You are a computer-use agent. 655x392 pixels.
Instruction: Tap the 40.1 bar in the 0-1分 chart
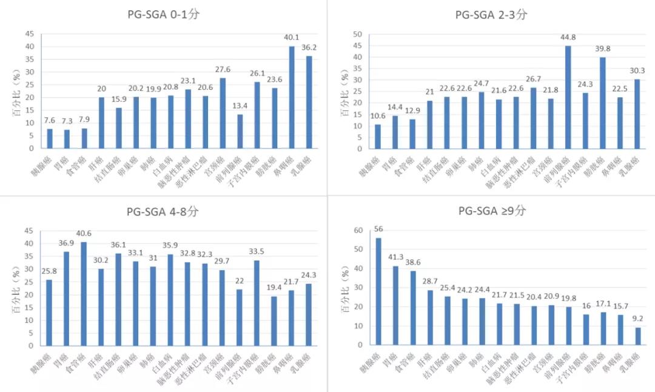click(292, 98)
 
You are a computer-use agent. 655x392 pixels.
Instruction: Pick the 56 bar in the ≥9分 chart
click(378, 291)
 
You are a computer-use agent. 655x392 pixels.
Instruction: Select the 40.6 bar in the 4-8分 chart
click(84, 294)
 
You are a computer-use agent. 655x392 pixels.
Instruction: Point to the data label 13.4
click(240, 106)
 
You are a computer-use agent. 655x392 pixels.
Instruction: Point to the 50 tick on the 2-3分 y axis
click(358, 35)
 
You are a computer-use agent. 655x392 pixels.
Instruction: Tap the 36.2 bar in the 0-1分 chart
click(309, 103)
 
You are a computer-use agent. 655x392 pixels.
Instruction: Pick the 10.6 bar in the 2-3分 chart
click(378, 137)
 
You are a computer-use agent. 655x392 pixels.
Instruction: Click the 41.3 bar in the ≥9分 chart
click(396, 305)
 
